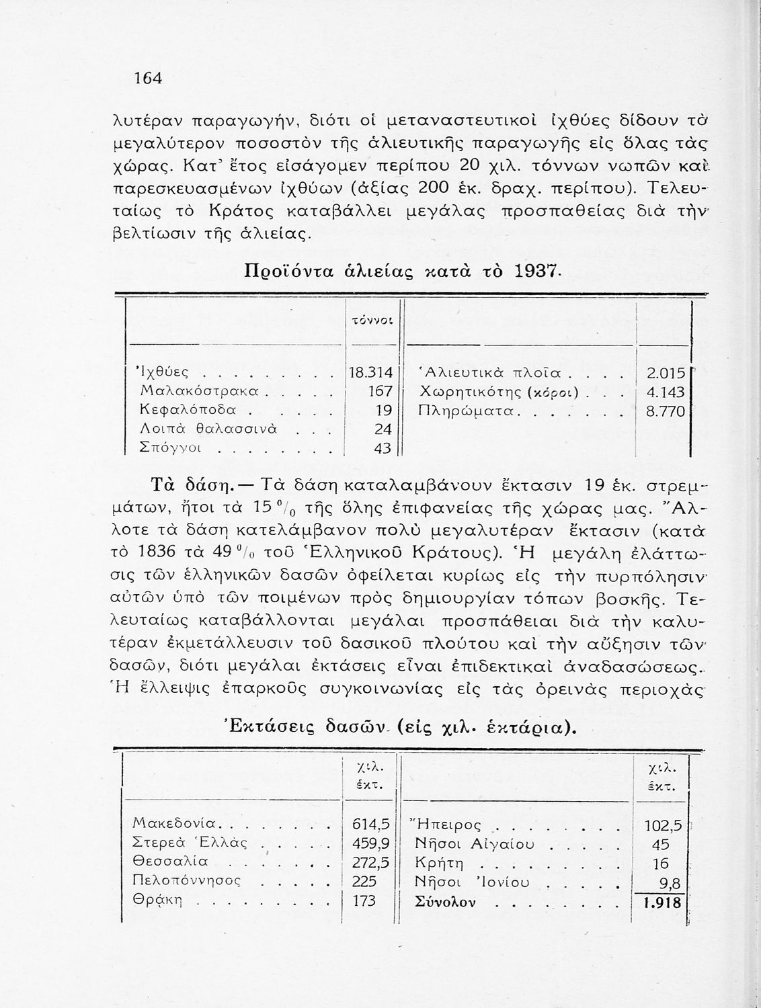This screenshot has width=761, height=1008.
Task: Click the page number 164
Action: [149, 78]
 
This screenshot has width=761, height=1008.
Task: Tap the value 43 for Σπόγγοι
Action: [382, 448]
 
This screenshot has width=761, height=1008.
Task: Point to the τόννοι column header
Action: [368, 321]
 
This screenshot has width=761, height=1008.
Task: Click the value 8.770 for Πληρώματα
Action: [665, 411]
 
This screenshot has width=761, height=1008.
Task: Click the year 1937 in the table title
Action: [536, 271]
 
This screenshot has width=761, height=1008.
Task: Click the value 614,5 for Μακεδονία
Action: [370, 824]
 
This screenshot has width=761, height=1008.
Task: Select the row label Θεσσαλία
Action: [171, 862]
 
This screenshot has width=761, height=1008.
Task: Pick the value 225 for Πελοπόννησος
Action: [365, 881]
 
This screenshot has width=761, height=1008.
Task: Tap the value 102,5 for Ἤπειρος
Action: [663, 825]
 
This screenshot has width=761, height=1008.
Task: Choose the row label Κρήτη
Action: [440, 864]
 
